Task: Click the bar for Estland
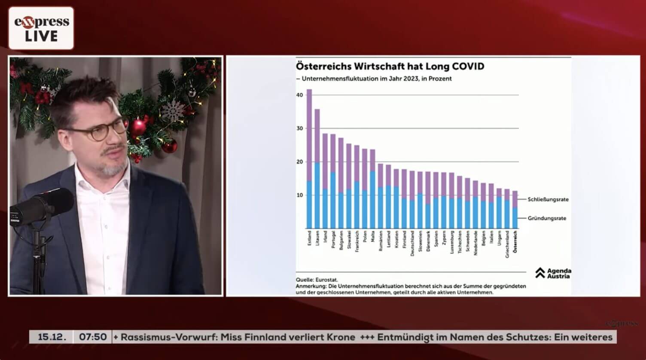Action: pyautogui.click(x=309, y=159)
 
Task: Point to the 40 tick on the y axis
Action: pyautogui.click(x=299, y=95)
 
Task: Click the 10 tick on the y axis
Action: pyautogui.click(x=299, y=195)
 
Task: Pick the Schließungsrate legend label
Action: pyautogui.click(x=548, y=199)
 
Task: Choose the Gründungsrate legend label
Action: pyautogui.click(x=547, y=218)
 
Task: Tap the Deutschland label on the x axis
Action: pyautogui.click(x=412, y=243)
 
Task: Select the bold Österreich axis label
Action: pyautogui.click(x=515, y=241)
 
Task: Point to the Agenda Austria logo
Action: pyautogui.click(x=553, y=273)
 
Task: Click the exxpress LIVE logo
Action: pyautogui.click(x=41, y=28)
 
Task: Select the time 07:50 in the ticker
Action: pyautogui.click(x=93, y=337)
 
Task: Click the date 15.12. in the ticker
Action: pyautogui.click(x=52, y=337)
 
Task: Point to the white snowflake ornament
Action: pyautogui.click(x=172, y=111)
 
